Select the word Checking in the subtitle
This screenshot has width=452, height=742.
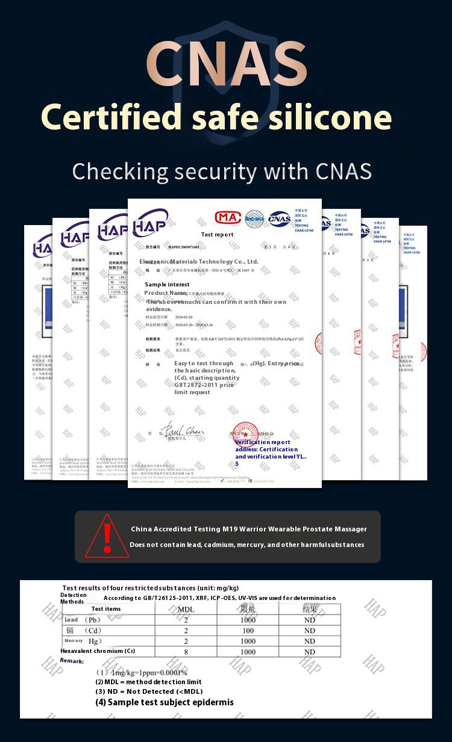tap(121, 171)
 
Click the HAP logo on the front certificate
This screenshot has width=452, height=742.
tap(150, 223)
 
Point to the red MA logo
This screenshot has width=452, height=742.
tap(228, 217)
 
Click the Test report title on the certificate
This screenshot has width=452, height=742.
tap(217, 234)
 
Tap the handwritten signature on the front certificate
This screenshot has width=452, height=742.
tap(182, 431)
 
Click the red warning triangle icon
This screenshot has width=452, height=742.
tap(107, 537)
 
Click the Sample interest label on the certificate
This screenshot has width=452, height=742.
tap(167, 284)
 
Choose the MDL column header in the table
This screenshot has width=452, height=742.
tap(186, 609)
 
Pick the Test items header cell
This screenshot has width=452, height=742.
tap(106, 608)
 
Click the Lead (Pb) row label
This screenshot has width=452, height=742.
tap(81, 620)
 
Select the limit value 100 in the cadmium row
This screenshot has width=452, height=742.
tap(248, 631)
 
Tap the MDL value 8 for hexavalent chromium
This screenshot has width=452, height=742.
tap(186, 652)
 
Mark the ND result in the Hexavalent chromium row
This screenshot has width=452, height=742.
tap(310, 652)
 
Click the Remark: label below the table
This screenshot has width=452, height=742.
tap(72, 661)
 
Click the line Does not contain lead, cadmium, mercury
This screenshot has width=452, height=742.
tap(247, 545)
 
